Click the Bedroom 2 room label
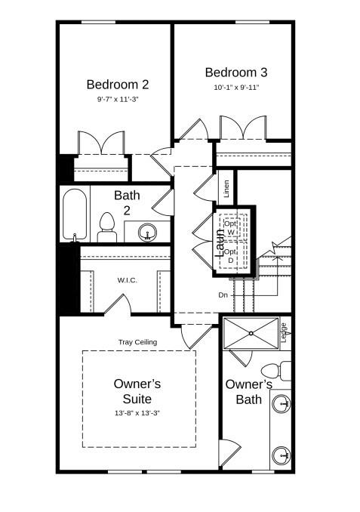click(x=117, y=84)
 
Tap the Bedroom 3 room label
click(x=236, y=72)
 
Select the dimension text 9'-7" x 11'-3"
click(x=117, y=99)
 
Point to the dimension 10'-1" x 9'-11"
click(x=236, y=88)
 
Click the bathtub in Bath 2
click(x=74, y=214)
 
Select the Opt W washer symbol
click(x=231, y=227)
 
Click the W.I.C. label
click(x=126, y=280)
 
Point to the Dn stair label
click(x=223, y=295)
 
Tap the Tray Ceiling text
click(x=137, y=342)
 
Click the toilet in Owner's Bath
click(x=273, y=372)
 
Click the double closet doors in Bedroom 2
click(x=101, y=143)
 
